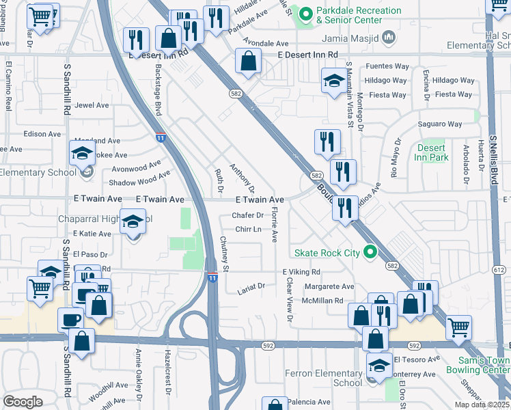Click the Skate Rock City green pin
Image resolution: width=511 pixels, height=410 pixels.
(371, 253)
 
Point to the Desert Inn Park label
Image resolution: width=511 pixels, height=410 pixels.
(431, 152)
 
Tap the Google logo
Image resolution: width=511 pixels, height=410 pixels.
(23, 402)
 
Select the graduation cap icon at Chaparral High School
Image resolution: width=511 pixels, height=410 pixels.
(133, 222)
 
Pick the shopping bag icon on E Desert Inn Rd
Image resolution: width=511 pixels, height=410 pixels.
(248, 61)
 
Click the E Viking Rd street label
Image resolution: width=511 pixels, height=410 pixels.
(301, 272)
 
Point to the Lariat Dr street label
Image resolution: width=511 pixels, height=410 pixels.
(252, 287)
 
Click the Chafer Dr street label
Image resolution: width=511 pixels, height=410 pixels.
(247, 215)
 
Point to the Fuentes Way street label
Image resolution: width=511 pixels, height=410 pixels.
(387, 66)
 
